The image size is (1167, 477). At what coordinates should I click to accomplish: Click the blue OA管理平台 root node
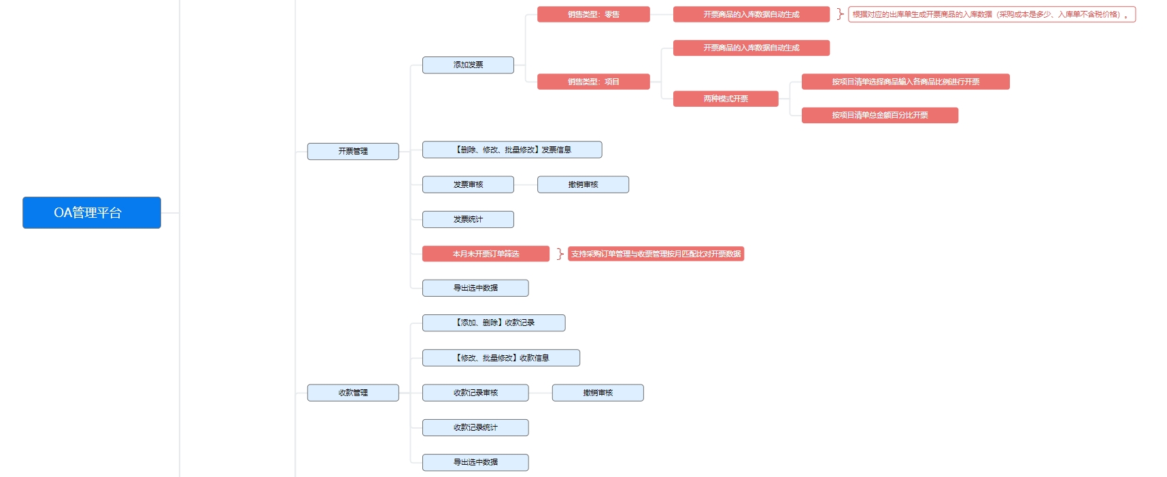[x=92, y=212]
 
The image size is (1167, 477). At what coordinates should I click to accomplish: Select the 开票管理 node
[x=353, y=151]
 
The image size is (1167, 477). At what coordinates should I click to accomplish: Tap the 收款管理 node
[x=353, y=393]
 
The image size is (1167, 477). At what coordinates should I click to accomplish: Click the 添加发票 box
[x=468, y=65]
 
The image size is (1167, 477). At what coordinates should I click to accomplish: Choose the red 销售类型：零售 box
[x=594, y=14]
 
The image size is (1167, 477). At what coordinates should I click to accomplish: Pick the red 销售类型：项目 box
[x=594, y=82]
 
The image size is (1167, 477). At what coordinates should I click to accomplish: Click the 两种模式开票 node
[x=726, y=99]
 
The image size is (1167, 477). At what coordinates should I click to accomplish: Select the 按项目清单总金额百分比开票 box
[x=880, y=116]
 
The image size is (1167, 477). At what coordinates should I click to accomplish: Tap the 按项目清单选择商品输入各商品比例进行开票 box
[x=906, y=82]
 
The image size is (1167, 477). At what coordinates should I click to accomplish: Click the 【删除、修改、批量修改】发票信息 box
[x=512, y=150]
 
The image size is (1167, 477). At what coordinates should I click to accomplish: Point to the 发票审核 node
[x=468, y=184]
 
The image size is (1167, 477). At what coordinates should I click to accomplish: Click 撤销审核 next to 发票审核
[x=583, y=184]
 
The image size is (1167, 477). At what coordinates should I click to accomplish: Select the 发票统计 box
[x=468, y=219]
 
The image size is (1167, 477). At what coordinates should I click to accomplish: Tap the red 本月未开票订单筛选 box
[x=486, y=254]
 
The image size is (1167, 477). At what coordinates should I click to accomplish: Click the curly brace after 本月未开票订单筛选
[x=560, y=254]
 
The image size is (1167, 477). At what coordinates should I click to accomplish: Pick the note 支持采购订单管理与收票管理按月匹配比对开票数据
[x=656, y=254]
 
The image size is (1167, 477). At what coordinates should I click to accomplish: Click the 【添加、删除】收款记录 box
[x=494, y=323]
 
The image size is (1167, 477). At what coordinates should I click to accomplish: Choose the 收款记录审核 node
[x=475, y=393]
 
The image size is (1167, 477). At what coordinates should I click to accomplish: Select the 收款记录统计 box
[x=475, y=427]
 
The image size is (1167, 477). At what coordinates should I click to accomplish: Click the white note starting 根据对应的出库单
[x=992, y=14]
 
